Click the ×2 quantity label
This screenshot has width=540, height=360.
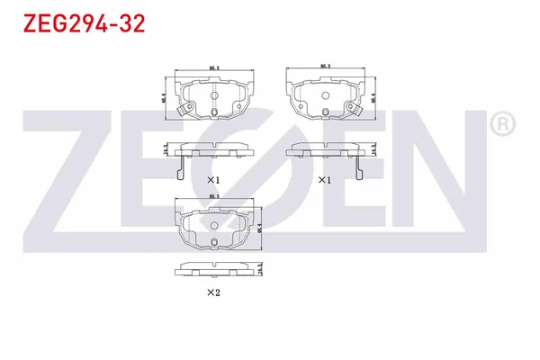tap(213, 292)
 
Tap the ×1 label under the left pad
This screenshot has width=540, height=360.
tap(213, 180)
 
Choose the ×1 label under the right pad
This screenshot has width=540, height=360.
tap(325, 180)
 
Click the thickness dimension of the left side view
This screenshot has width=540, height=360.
tap(166, 149)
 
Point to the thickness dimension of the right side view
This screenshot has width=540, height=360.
tap(373, 149)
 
